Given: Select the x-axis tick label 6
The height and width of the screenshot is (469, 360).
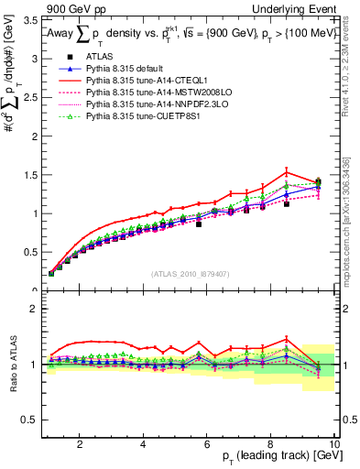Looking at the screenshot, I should pos(207,445).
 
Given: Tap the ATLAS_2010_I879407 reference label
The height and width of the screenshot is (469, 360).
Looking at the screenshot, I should pos(191,273).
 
